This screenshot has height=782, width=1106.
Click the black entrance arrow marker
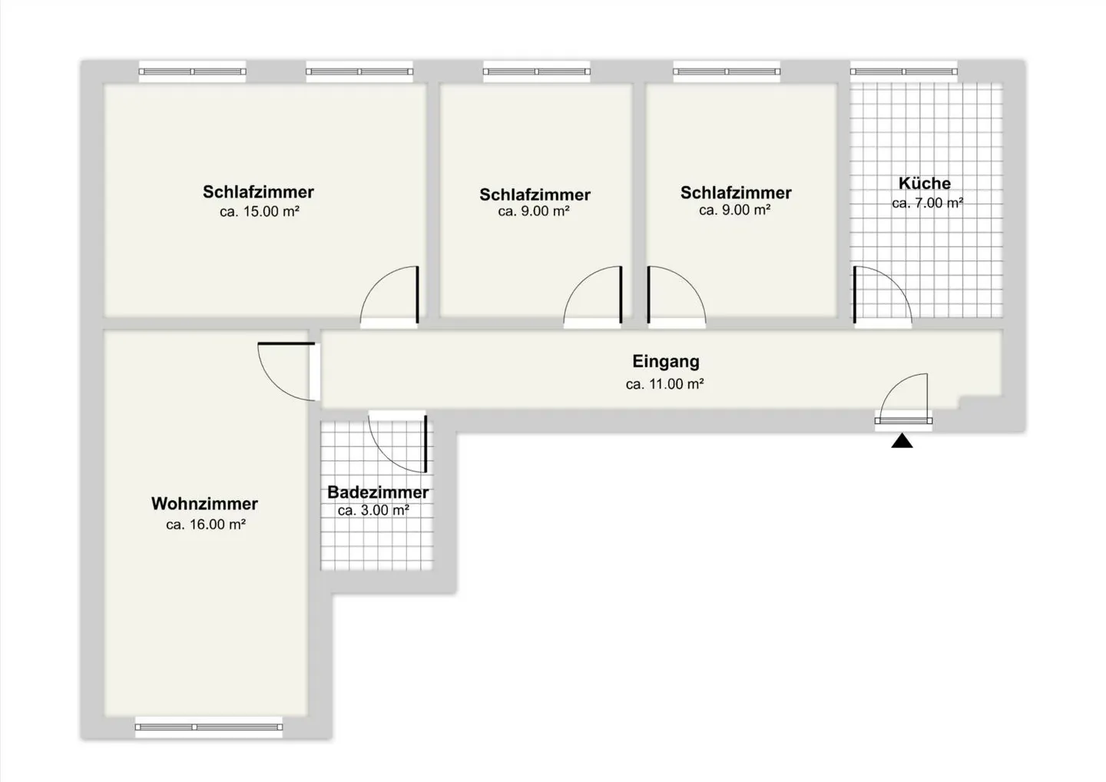coord(902,441)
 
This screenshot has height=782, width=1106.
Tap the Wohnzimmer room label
coord(204,504)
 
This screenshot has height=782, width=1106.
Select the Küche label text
coord(925,184)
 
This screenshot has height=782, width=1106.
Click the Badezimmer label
coord(378,492)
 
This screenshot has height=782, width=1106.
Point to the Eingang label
coord(666,361)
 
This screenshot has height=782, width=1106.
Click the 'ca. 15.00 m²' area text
coord(259,212)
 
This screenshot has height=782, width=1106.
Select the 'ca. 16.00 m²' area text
coord(206,525)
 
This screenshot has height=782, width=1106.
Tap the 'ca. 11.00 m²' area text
coord(664,384)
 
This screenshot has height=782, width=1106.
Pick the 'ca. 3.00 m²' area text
coord(373,510)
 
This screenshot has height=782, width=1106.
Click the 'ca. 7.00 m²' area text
coord(927,204)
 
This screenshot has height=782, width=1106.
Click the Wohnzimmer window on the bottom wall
coord(209,727)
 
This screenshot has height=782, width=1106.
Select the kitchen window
coord(903,71)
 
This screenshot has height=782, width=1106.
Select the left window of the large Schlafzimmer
coord(192,71)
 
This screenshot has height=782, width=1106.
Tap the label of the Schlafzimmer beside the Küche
coord(736,193)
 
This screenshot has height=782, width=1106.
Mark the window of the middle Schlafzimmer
coord(536,71)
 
